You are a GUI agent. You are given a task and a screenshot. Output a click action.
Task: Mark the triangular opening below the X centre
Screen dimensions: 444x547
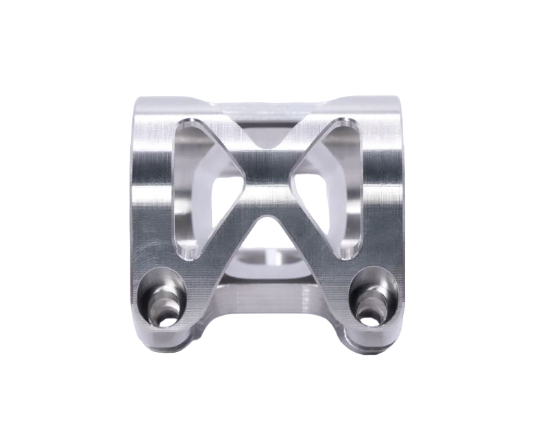click(x=269, y=237)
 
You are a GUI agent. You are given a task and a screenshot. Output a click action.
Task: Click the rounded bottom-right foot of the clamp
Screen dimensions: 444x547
click(x=374, y=329)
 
